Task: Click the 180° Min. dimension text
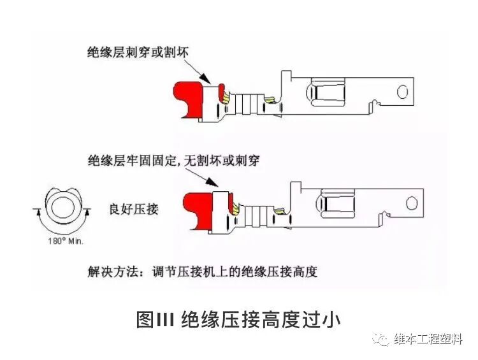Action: point(66,241)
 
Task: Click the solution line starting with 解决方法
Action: point(202,271)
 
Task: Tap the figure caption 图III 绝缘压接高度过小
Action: point(238,319)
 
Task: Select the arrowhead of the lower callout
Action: point(212,186)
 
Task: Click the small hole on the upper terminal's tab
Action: point(402,91)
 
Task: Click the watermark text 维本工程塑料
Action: point(428,340)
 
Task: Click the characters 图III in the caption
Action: point(155,319)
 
